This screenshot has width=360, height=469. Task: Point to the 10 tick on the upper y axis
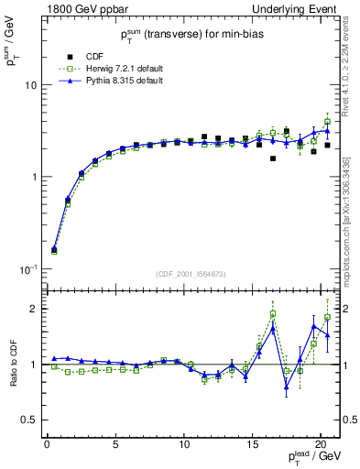point(29,85)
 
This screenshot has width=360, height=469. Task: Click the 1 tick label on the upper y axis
point(32,177)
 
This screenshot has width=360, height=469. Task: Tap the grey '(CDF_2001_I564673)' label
point(190,274)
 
